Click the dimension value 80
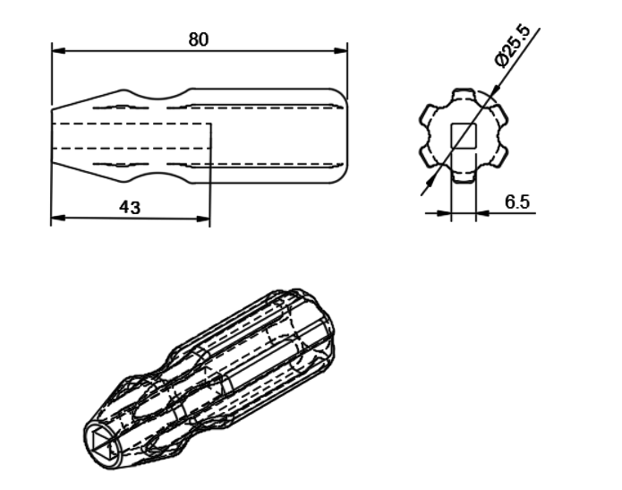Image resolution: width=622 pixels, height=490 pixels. pyautogui.click(x=199, y=39)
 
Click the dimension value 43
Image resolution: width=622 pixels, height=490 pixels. pyautogui.click(x=130, y=207)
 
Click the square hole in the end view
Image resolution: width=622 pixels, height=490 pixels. pyautogui.click(x=463, y=136)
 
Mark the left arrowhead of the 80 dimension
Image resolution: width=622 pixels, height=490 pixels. pyautogui.click(x=56, y=50)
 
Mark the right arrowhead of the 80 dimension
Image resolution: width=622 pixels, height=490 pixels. pyautogui.click(x=343, y=50)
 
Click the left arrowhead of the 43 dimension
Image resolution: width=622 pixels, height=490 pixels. pyautogui.click(x=56, y=217)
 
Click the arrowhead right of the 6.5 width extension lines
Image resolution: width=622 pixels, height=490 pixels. pyautogui.click(x=481, y=212)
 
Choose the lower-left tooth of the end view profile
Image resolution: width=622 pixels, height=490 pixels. pyautogui.click(x=428, y=158)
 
